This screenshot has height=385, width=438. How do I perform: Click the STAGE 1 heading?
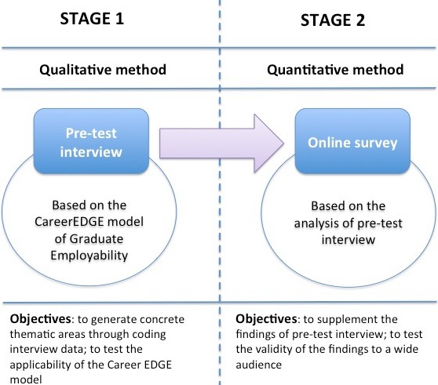click(x=92, y=19)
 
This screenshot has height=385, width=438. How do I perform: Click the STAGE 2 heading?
click(x=333, y=20)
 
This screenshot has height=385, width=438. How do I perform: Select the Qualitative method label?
click(x=103, y=70)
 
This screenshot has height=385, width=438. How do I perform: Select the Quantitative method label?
click(x=335, y=70)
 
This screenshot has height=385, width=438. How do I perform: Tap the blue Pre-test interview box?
click(x=91, y=141)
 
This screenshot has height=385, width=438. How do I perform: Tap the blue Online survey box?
click(x=352, y=141)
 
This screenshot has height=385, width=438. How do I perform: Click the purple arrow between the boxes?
click(x=221, y=143)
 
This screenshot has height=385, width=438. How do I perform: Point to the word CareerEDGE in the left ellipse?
click(x=70, y=222)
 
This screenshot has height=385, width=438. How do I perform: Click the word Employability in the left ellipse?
click(x=89, y=256)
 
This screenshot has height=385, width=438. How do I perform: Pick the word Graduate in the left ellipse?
click(x=97, y=239)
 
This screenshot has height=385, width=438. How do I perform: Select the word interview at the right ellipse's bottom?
click(x=348, y=240)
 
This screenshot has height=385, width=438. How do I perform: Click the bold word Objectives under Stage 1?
click(x=41, y=319)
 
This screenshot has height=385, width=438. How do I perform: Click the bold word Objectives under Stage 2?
click(x=266, y=319)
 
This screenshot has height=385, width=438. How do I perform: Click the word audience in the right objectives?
click(x=259, y=365)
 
